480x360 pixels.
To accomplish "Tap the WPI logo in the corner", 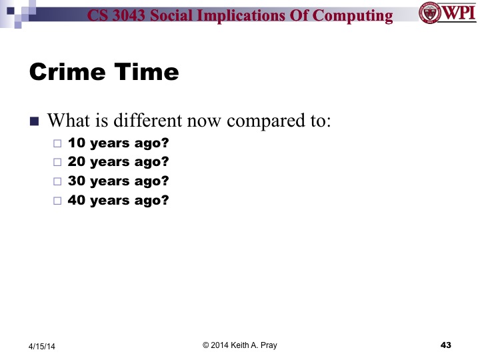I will pyautogui.click(x=447, y=13).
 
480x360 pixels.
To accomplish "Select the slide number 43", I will pyautogui.click(x=446, y=345).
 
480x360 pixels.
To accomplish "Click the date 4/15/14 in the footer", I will pyautogui.click(x=43, y=346).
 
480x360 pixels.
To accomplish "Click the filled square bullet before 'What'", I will pyautogui.click(x=35, y=122).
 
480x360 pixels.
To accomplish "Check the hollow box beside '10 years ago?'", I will pyautogui.click(x=57, y=143).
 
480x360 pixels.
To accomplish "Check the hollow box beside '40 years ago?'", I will pyautogui.click(x=57, y=200).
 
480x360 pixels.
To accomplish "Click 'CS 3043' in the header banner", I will pyautogui.click(x=119, y=15).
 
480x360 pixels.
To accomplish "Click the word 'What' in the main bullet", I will pyautogui.click(x=67, y=121).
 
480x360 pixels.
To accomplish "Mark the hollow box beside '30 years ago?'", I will pyautogui.click(x=57, y=181).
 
